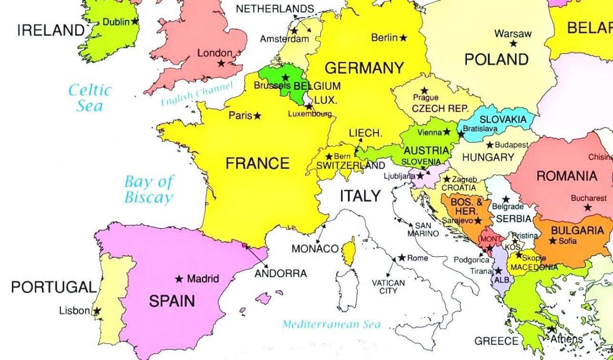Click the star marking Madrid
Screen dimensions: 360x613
tap(179, 279)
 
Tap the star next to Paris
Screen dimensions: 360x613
tap(257, 116)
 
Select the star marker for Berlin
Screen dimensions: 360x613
tap(404, 38)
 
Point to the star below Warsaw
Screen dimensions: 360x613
tap(513, 44)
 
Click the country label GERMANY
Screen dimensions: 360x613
tap(364, 68)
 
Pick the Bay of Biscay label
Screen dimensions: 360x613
tap(149, 189)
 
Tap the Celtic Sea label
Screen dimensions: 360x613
tap(90, 98)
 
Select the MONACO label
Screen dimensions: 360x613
tap(315, 249)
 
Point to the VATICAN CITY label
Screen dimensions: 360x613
tap(388, 286)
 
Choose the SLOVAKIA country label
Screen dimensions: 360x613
tap(503, 119)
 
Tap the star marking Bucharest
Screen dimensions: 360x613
tap(588, 207)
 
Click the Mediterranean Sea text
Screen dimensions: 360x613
tap(331, 324)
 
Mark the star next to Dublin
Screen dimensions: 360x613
tap(135, 21)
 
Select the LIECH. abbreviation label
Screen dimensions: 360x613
tap(365, 133)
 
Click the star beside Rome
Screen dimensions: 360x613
tap(402, 258)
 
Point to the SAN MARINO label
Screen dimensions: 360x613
tap(423, 229)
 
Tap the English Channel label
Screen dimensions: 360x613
tap(197, 94)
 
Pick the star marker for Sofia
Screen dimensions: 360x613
tap(553, 241)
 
